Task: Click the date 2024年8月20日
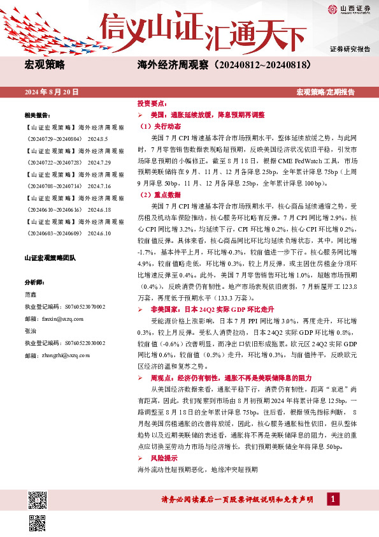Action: (52, 92)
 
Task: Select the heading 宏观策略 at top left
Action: (45, 65)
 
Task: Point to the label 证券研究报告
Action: (350, 49)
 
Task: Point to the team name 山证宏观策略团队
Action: (50, 258)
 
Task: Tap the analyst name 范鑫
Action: (30, 295)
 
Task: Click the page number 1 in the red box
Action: (331, 499)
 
